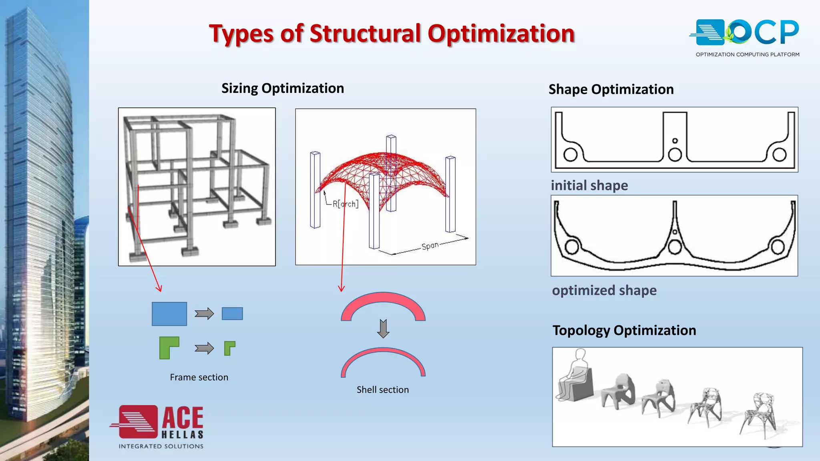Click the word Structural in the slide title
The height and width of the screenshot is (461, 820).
364,33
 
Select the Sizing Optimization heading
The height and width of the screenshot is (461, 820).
283,88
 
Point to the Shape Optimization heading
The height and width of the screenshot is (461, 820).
611,89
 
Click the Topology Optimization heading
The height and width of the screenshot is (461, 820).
624,330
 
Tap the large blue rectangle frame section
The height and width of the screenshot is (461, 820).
169,314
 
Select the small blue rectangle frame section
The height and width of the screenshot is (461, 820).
232,313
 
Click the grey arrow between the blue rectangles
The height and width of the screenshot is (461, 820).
204,313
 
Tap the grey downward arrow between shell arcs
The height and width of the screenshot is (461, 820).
383,329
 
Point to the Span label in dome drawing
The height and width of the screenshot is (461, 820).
430,246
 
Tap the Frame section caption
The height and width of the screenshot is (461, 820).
199,377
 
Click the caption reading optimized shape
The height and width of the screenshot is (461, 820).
604,290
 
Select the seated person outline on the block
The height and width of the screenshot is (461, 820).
573,374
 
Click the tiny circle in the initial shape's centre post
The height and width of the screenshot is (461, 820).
675,140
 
